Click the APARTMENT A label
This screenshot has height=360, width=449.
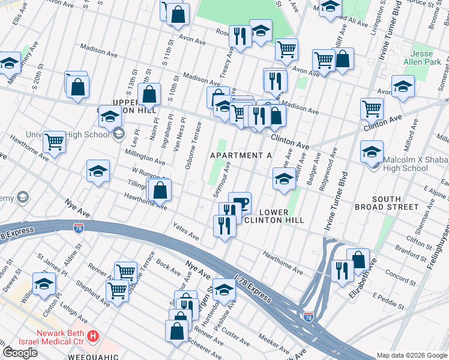(x=241, y=155)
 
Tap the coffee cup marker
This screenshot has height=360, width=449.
(x=240, y=203)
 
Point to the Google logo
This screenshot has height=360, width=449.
(x=20, y=353)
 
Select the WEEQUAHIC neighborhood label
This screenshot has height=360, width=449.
(x=100, y=356)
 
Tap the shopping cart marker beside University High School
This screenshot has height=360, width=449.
(x=54, y=143)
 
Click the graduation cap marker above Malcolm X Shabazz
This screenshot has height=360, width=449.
(x=372, y=151)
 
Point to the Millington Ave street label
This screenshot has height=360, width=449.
(x=145, y=157)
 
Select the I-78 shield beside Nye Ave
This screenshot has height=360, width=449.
(x=78, y=227)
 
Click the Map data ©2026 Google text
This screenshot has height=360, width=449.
(x=412, y=355)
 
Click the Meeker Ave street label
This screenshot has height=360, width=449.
(x=277, y=345)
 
